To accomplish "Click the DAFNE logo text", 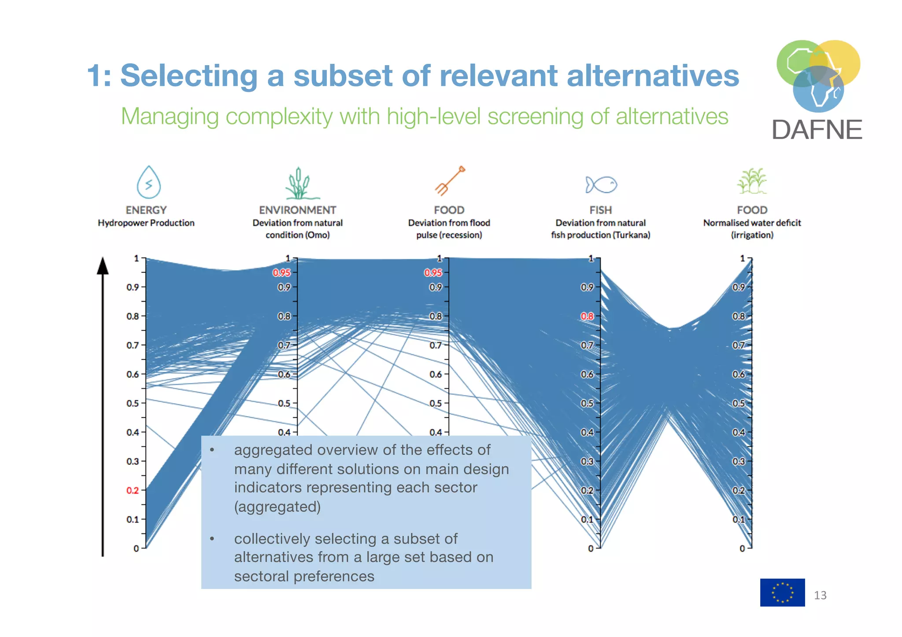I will click(x=817, y=130).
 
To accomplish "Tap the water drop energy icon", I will click(x=148, y=182).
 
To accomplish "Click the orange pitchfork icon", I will click(x=450, y=180).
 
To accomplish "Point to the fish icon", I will click(x=601, y=184).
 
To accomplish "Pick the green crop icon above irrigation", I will click(x=752, y=181).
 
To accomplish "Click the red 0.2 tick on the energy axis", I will click(x=133, y=490).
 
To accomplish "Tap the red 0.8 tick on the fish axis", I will click(x=587, y=316).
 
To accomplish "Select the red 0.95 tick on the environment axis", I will click(x=281, y=273).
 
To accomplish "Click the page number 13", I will click(x=820, y=595).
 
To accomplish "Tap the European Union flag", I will click(x=782, y=593).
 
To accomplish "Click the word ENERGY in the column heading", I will click(x=146, y=210).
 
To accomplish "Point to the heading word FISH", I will click(x=601, y=210).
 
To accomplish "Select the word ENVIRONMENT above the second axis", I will click(x=297, y=210).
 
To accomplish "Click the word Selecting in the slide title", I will click(x=189, y=76).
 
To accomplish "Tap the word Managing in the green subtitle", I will click(x=170, y=117).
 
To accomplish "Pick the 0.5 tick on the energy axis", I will click(x=133, y=403).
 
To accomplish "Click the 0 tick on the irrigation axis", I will click(x=743, y=549).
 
